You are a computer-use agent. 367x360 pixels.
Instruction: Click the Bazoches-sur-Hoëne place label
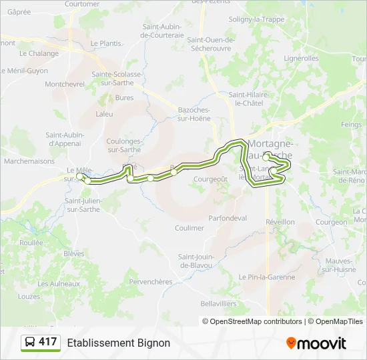(194, 114)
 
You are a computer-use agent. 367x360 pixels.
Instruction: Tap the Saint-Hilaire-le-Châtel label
(248, 99)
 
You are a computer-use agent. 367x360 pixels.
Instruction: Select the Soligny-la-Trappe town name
(256, 19)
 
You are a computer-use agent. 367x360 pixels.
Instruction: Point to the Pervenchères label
(150, 281)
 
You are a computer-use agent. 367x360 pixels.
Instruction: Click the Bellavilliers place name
(218, 303)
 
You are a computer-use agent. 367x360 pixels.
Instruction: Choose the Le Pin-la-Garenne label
(267, 277)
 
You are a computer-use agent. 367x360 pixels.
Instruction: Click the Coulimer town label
(189, 228)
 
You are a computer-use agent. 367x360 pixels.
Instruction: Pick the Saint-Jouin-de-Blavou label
(195, 261)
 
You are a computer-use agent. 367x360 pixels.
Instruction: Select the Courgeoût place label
(210, 179)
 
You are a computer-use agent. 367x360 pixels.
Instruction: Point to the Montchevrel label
(65, 84)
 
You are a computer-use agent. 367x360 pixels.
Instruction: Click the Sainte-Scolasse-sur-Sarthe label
(117, 78)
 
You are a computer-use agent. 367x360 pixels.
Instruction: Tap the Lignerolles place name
(301, 59)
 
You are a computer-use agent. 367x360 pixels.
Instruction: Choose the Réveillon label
(280, 222)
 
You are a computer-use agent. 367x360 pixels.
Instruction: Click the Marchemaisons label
(28, 161)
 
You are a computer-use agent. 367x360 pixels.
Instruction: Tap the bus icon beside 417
(30, 343)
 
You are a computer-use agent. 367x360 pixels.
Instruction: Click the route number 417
(47, 342)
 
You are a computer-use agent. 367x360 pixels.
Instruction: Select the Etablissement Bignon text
(118, 343)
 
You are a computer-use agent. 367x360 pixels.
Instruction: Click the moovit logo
(316, 343)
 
